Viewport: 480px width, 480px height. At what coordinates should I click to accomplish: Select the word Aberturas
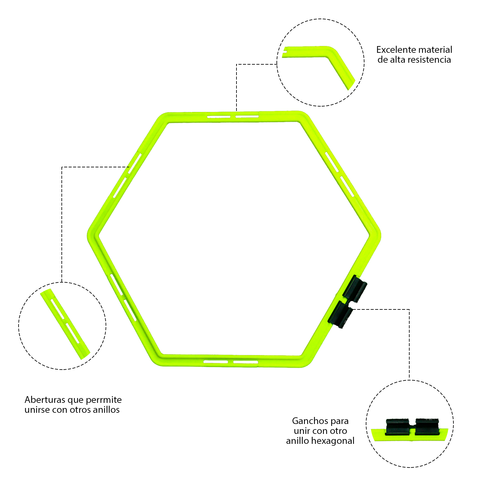coord(44,400)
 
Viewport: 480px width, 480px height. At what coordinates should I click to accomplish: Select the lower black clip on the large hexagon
coord(340,315)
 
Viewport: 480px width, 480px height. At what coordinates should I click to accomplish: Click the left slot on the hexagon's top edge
coord(219,117)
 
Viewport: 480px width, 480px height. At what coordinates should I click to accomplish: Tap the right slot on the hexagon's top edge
coord(247,116)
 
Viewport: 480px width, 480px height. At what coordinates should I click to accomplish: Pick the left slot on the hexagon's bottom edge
coord(216,362)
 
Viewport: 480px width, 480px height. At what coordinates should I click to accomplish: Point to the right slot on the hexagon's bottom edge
coord(245,362)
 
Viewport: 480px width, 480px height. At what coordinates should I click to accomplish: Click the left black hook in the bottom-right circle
coord(398,427)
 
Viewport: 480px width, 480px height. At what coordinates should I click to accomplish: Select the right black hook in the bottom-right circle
coord(427,427)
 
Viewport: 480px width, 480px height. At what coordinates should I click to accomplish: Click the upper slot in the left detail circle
coord(58,309)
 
